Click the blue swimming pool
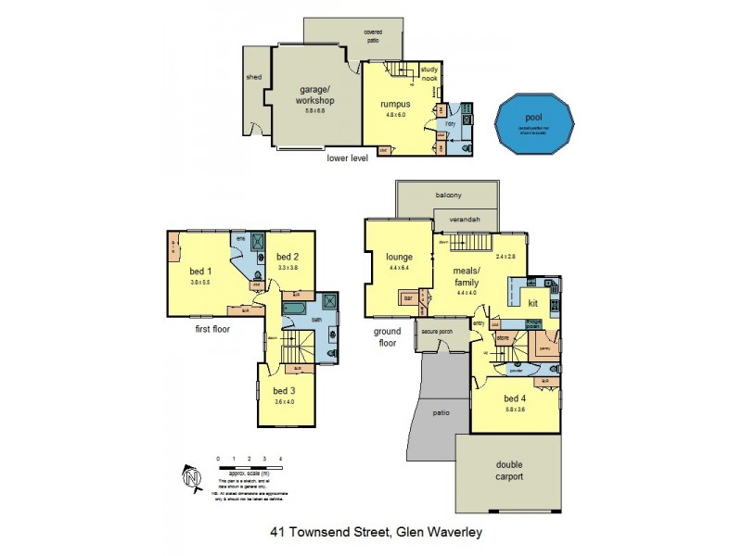tap(533, 124)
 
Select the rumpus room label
tap(394, 104)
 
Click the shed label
tap(252, 78)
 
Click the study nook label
tap(429, 74)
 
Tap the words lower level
tap(348, 158)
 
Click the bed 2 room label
tap(287, 257)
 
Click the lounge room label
tap(386, 257)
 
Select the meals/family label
tap(466, 275)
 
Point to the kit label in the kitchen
tap(533, 303)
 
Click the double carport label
tap(509, 471)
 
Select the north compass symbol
tap(192, 477)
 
